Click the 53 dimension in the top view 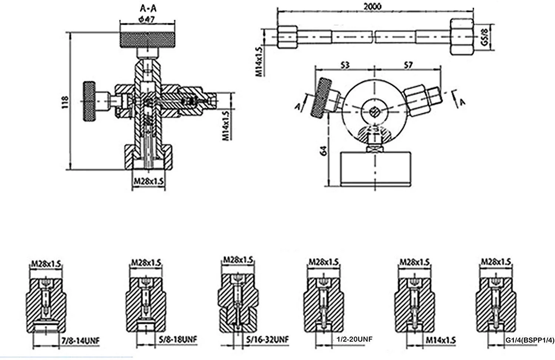[344, 65]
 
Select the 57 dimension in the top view [408, 65]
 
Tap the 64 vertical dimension [324, 150]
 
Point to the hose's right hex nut [462, 37]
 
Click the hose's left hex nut [287, 36]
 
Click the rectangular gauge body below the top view [375, 169]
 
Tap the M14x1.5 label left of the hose [259, 61]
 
